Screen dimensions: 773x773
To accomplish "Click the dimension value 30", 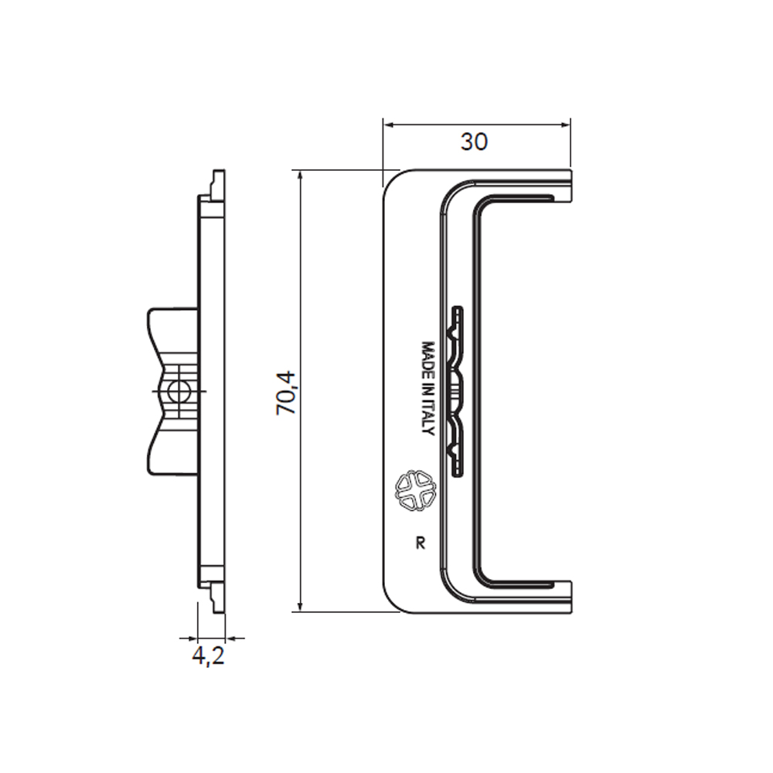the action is (475, 142).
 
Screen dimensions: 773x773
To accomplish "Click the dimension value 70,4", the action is (285, 393).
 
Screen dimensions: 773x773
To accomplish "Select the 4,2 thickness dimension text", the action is (208, 656).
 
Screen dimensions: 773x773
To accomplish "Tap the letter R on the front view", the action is (421, 543).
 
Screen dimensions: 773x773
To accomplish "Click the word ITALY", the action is (428, 421).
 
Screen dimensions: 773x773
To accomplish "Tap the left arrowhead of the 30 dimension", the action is (389, 124).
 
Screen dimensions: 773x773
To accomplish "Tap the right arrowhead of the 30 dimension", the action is (564, 124).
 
